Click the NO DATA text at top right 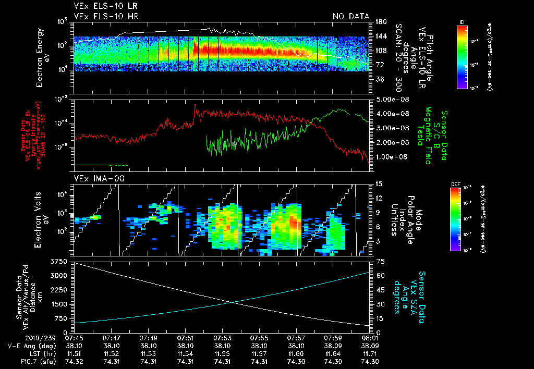tap(350, 16)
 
